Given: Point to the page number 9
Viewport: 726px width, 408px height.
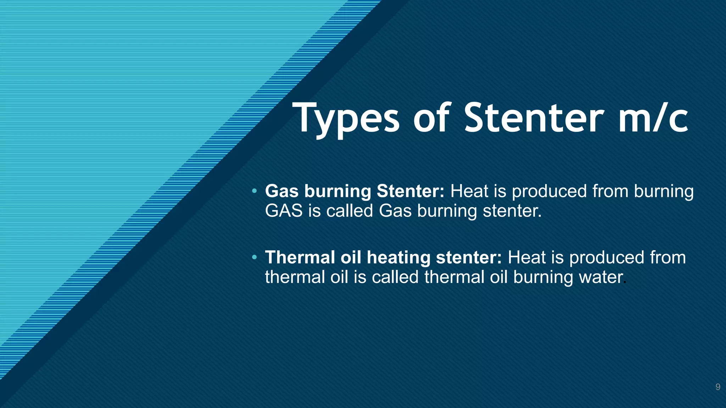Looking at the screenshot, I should (x=717, y=387).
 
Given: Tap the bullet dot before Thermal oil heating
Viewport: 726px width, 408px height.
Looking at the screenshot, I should (x=254, y=257).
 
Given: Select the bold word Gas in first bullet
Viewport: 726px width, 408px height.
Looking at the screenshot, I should (x=282, y=191).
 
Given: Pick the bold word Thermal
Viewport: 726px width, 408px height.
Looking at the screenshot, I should (x=300, y=257).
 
